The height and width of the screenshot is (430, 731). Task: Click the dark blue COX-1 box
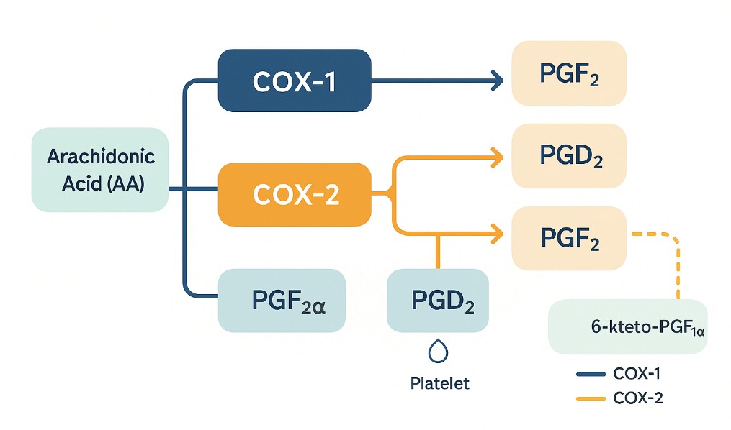(294, 81)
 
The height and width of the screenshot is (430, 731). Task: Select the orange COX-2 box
(294, 194)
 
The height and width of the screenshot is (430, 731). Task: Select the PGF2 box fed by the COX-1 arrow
(569, 73)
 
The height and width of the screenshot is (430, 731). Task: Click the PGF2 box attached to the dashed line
(569, 239)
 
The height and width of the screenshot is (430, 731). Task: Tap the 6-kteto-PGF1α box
(627, 327)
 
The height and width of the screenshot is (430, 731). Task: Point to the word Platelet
(439, 383)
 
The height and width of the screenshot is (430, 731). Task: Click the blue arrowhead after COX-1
(497, 81)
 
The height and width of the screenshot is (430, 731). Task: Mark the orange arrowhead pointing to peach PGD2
(496, 155)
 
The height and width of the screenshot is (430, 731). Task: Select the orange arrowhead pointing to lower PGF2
(496, 234)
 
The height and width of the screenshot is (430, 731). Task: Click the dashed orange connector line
(677, 262)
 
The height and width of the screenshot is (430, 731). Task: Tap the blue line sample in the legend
(591, 374)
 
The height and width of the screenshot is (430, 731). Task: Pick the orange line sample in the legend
(591, 398)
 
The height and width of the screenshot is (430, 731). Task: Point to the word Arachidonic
(101, 157)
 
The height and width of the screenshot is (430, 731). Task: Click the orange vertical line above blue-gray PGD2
(437, 252)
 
